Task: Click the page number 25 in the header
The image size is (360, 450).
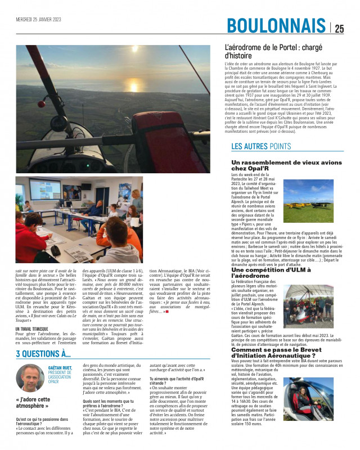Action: (339, 29)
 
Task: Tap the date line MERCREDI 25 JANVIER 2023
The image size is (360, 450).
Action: (38, 19)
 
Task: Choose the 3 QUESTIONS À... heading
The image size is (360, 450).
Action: (43, 354)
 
